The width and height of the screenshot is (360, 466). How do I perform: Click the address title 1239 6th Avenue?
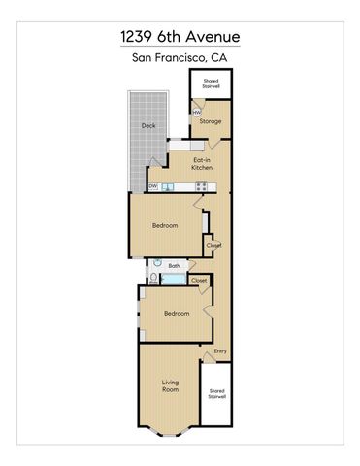tap(180, 37)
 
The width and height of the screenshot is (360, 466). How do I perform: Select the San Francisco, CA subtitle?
tap(180, 58)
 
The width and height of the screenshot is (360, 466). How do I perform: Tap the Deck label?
tap(148, 125)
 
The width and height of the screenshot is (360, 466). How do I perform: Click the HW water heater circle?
tap(196, 113)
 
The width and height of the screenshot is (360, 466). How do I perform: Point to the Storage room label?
tap(212, 121)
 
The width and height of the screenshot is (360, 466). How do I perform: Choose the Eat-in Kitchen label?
tap(203, 163)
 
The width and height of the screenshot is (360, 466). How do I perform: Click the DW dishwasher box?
tap(153, 186)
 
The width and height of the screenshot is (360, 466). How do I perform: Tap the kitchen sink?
tap(167, 186)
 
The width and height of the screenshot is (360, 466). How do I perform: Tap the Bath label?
tap(175, 265)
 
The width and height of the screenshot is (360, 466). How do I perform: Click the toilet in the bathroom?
tap(154, 279)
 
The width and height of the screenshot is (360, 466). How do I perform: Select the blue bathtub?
tap(173, 280)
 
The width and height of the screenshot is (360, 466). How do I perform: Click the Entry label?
tap(220, 350)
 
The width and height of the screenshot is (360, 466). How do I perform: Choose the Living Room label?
tap(170, 385)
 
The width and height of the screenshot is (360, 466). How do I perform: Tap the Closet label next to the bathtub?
tap(199, 280)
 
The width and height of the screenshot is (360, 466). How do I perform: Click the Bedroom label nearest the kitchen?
tap(165, 226)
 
